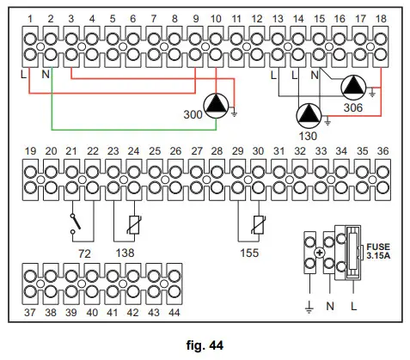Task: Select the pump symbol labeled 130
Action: coord(307,114)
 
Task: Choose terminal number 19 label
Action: coord(31,151)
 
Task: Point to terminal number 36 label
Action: coord(381,151)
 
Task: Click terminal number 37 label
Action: coord(31,311)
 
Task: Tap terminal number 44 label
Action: coord(174,311)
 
